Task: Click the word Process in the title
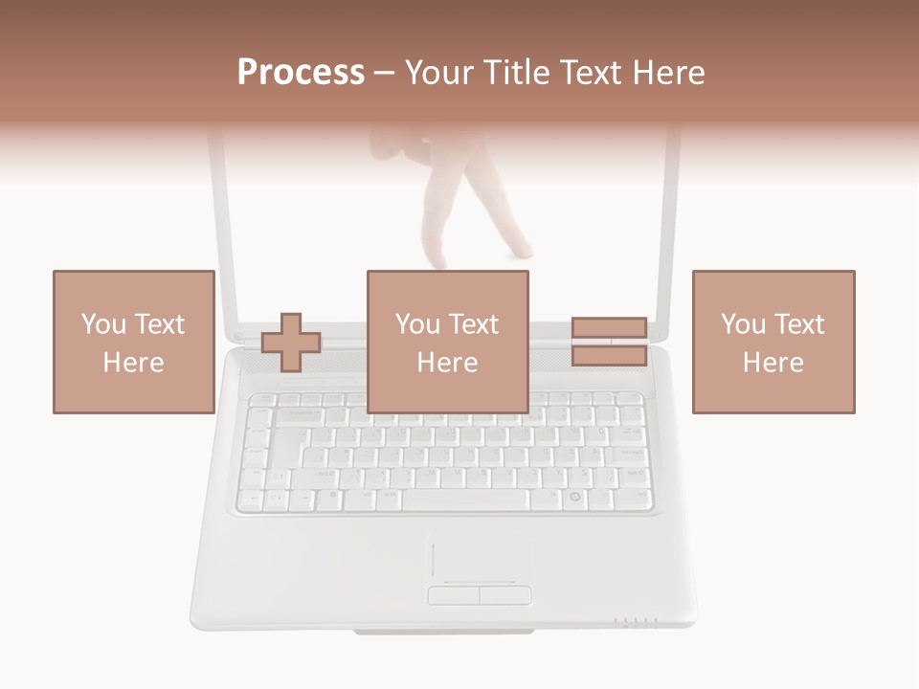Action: (x=301, y=72)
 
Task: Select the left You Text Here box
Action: (x=133, y=342)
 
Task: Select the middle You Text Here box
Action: (x=447, y=342)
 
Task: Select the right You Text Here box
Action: (x=773, y=342)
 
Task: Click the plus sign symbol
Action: (x=291, y=342)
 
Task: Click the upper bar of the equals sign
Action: (x=609, y=328)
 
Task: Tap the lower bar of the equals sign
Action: (x=609, y=355)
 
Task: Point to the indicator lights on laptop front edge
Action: (x=636, y=622)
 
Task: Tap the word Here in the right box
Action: (x=773, y=363)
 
